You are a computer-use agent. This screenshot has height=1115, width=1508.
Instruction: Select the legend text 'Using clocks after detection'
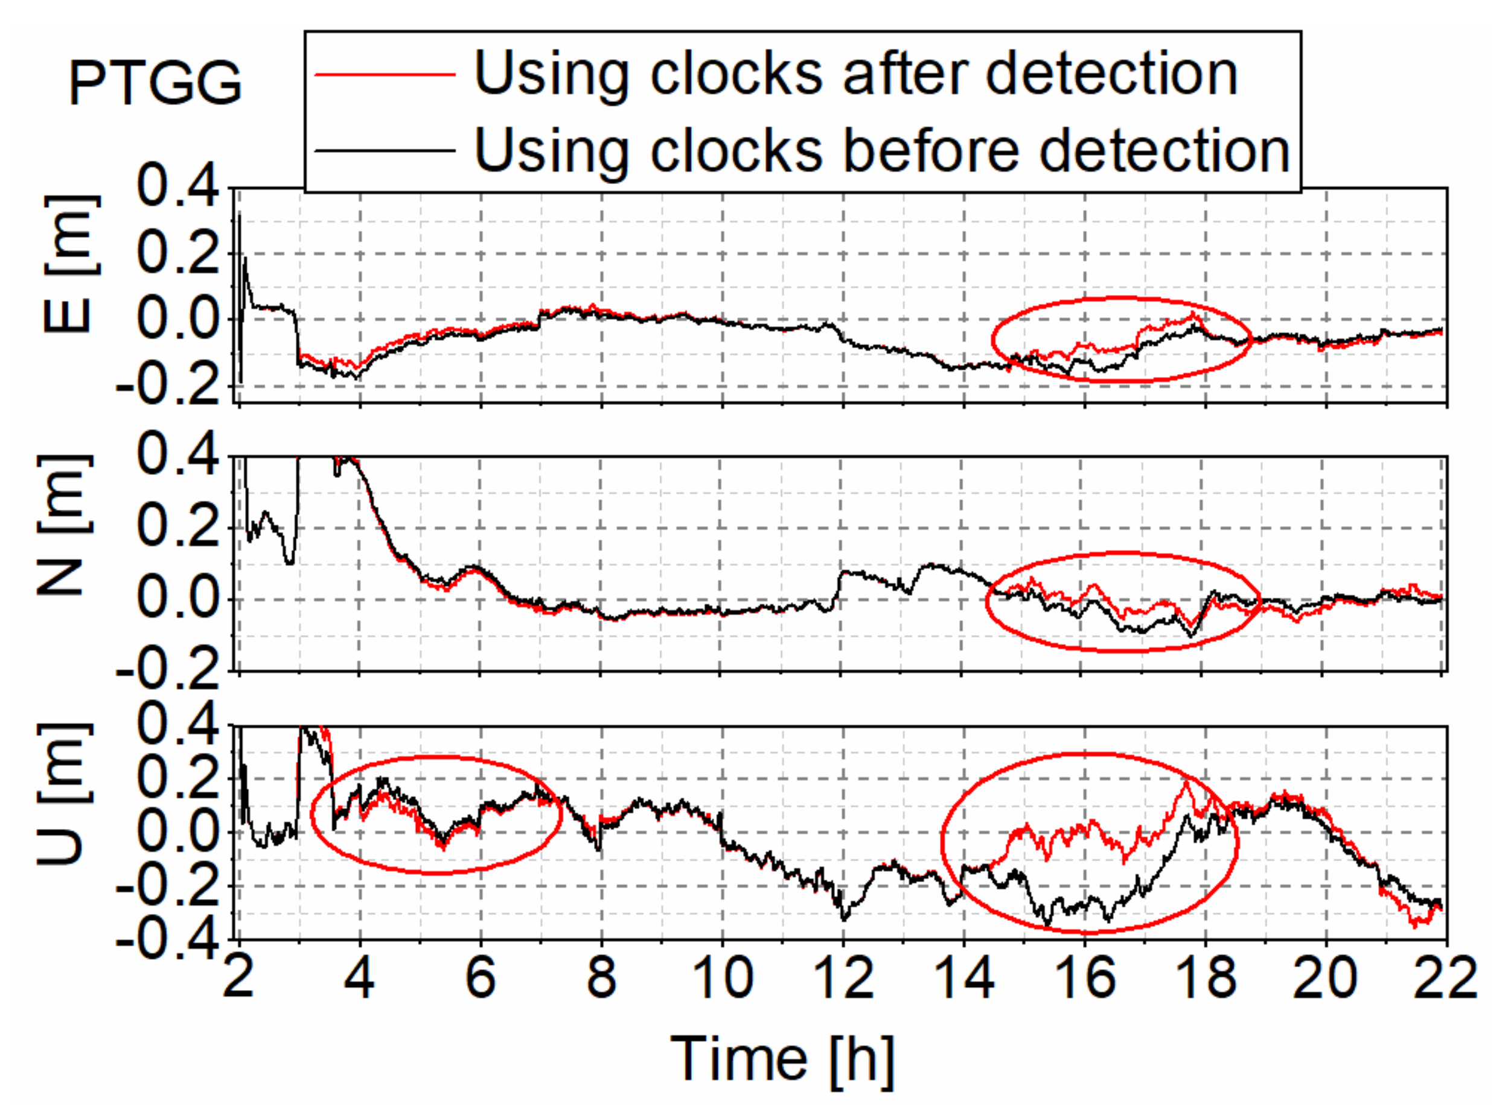click(x=855, y=73)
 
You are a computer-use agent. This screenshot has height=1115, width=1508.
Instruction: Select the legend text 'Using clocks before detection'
click(x=882, y=150)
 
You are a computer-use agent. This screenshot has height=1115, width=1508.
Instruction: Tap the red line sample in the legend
click(x=385, y=73)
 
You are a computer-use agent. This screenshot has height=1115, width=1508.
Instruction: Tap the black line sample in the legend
click(x=385, y=150)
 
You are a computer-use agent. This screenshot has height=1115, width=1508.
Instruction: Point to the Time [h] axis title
click(x=782, y=1058)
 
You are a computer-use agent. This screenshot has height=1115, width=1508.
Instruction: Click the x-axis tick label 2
click(x=238, y=979)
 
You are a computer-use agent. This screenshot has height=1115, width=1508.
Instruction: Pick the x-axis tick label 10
click(x=722, y=979)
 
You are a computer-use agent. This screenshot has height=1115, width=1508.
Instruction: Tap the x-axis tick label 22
click(x=1445, y=979)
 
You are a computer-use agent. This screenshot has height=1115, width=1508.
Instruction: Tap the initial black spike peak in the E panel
click(x=240, y=214)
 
